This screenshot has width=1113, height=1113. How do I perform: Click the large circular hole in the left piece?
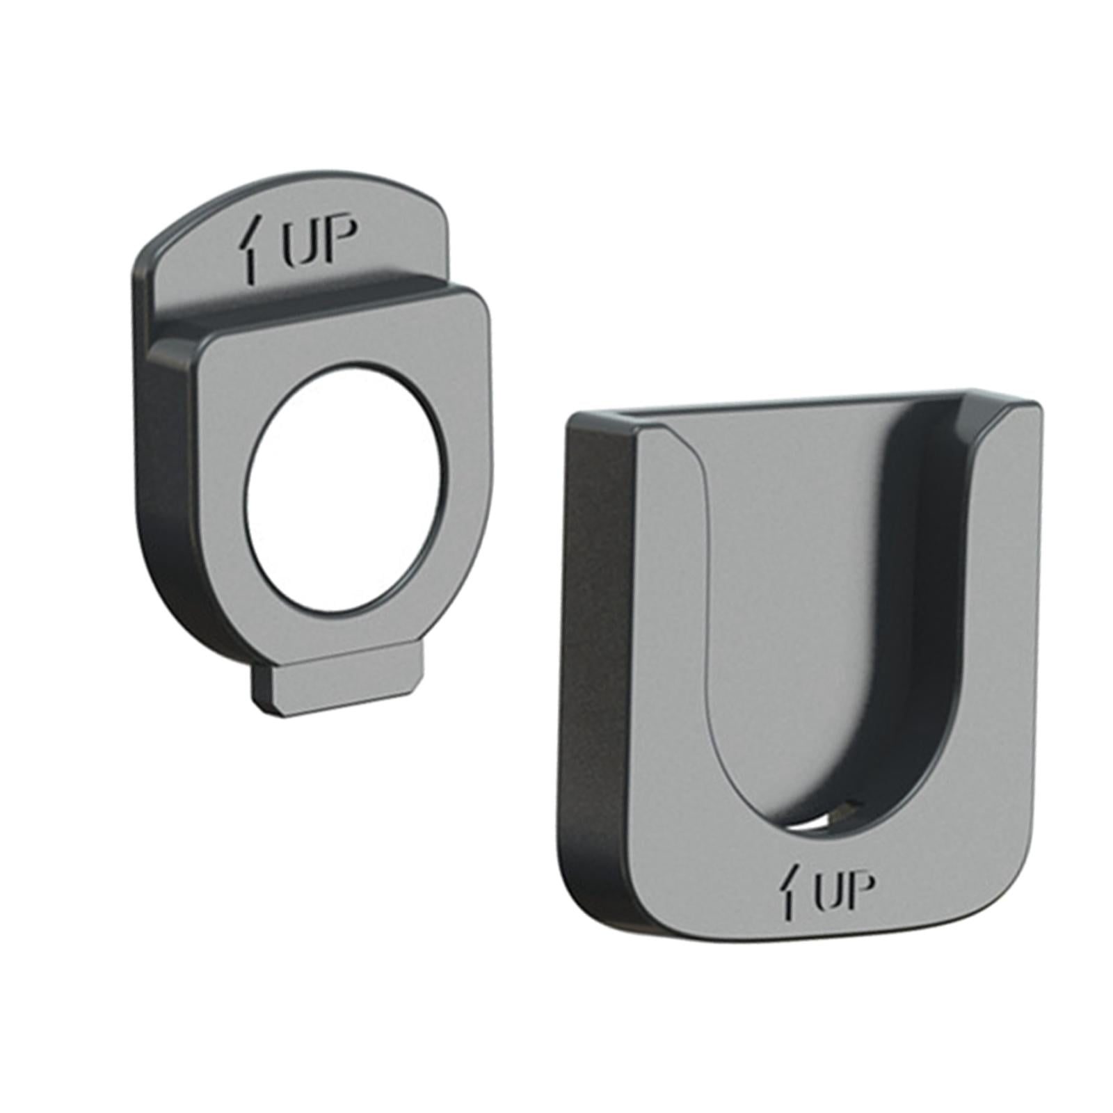coord(344,488)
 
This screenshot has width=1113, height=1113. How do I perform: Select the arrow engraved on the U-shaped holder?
coord(788,890)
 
